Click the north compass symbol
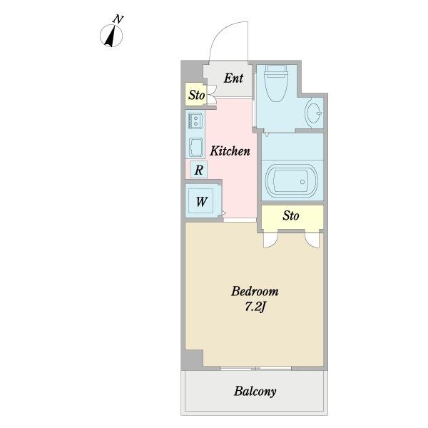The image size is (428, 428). [111, 36]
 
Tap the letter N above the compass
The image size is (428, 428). [118, 19]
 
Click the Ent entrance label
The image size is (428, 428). [233, 78]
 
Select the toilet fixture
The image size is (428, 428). [275, 83]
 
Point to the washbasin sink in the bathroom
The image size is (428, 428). [313, 113]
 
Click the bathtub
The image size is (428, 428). [292, 181]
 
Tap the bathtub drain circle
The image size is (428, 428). [302, 182]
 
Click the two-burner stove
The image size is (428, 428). [195, 121]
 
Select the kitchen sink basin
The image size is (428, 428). [195, 147]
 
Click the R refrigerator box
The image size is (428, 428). [199, 170]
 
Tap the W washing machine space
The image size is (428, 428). [201, 201]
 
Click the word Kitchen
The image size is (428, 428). [230, 151]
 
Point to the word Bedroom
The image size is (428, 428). [255, 291]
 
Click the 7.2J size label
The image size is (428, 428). [255, 307]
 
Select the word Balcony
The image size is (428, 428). [255, 392]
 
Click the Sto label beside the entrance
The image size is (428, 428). [197, 95]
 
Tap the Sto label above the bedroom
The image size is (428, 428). [291, 215]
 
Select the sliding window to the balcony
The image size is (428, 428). [256, 368]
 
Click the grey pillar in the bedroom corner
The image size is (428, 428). [193, 360]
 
